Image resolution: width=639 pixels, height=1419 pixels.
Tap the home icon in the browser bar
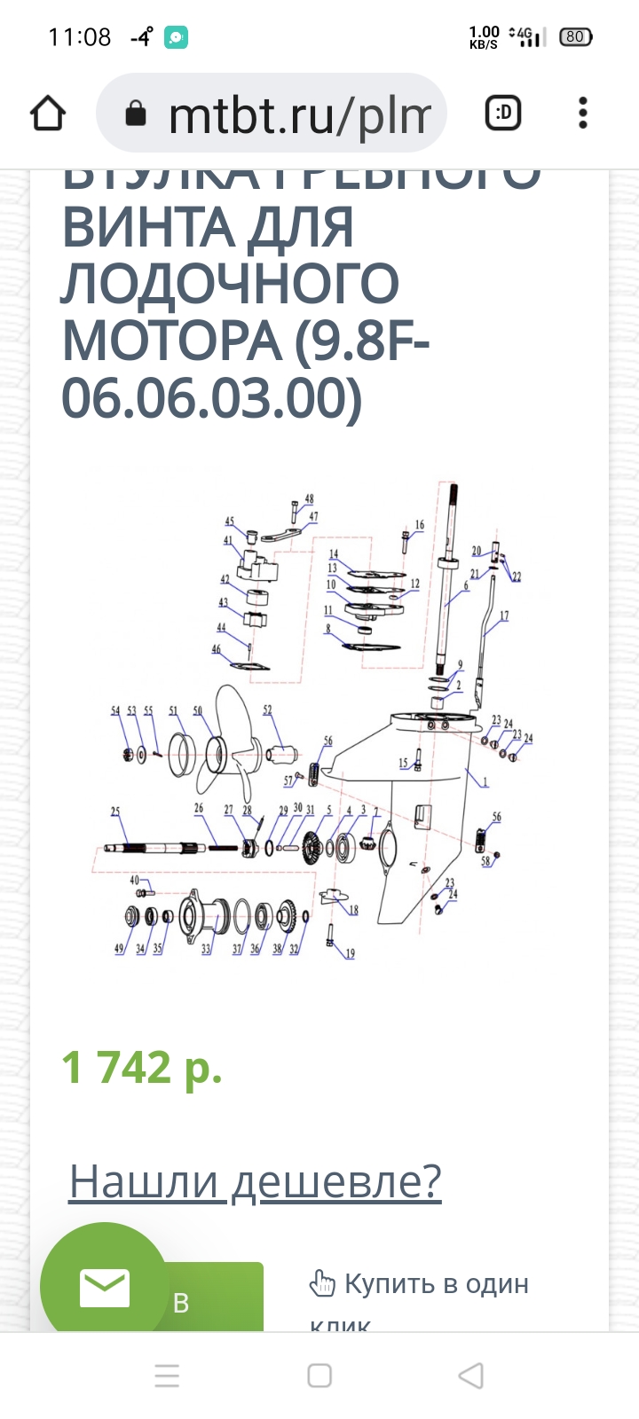pyautogui.click(x=48, y=114)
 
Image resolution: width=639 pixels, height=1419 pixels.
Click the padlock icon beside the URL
pyautogui.click(x=135, y=114)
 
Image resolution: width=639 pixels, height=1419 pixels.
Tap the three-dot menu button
pyautogui.click(x=582, y=114)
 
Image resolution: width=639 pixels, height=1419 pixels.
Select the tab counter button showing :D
pyautogui.click(x=503, y=114)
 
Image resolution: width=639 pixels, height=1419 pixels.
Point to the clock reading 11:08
pyautogui.click(x=79, y=37)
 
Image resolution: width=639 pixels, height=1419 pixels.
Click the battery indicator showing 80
pyautogui.click(x=575, y=37)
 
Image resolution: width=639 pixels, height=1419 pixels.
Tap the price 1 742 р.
pyautogui.click(x=142, y=1068)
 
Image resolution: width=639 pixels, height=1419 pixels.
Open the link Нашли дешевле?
pyautogui.click(x=255, y=1181)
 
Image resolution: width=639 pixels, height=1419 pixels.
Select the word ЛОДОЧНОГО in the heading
pyautogui.click(x=230, y=284)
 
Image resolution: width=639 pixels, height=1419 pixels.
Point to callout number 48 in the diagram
pyautogui.click(x=309, y=499)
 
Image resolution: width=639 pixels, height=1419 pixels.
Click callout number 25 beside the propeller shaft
pyautogui.click(x=115, y=811)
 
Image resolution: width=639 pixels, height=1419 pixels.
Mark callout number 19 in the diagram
pyautogui.click(x=351, y=953)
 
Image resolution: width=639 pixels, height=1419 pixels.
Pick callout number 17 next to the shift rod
pyautogui.click(x=504, y=615)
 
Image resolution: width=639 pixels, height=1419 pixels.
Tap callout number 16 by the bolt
pyautogui.click(x=420, y=525)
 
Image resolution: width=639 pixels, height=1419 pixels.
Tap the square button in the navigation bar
pyautogui.click(x=319, y=1376)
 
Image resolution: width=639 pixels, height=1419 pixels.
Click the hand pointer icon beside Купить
pyautogui.click(x=321, y=1283)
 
